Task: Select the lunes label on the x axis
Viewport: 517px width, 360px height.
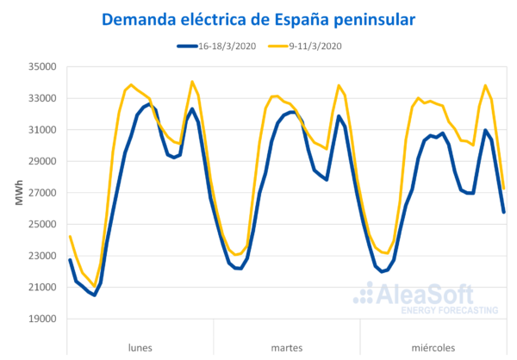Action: point(140,347)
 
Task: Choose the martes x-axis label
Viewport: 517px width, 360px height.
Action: point(286,347)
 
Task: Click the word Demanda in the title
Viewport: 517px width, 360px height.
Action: point(135,19)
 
